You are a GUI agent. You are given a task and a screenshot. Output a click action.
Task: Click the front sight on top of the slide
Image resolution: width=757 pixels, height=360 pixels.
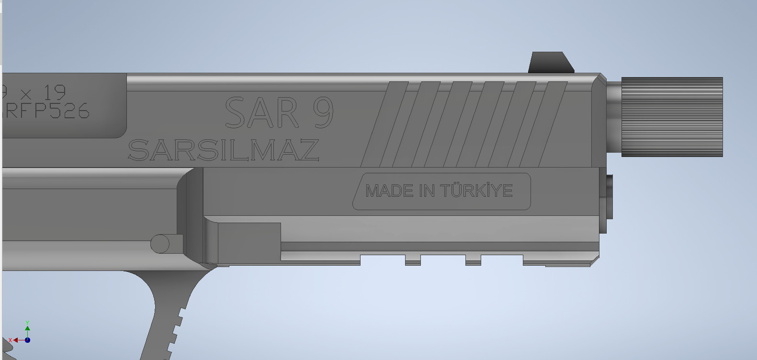pyautogui.click(x=551, y=63)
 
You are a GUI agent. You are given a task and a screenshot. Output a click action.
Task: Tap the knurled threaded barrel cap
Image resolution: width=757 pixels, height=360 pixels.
pyautogui.click(x=672, y=117)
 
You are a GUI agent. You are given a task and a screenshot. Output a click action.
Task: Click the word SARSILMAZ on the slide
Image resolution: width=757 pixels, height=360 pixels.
pyautogui.click(x=224, y=150)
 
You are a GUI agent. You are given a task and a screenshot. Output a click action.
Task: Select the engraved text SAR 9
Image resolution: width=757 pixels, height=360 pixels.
pyautogui.click(x=279, y=113)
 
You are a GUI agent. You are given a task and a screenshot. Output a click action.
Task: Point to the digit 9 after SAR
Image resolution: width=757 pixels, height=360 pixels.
pyautogui.click(x=323, y=113)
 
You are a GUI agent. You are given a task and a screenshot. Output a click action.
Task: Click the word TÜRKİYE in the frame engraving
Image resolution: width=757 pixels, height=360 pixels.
pyautogui.click(x=476, y=191)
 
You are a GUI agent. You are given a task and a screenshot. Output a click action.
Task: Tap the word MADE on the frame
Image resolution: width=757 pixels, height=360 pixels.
pyautogui.click(x=389, y=191)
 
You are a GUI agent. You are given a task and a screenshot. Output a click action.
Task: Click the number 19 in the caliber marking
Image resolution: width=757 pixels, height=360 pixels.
pyautogui.click(x=54, y=92)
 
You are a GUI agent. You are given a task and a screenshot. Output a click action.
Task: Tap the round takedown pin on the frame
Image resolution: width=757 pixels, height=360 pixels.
pyautogui.click(x=160, y=244)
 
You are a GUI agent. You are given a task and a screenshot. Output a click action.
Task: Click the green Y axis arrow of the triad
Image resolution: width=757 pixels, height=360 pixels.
pyautogui.click(x=27, y=327)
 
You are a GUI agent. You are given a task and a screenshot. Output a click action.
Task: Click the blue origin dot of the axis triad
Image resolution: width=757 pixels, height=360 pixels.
pyautogui.click(x=27, y=340)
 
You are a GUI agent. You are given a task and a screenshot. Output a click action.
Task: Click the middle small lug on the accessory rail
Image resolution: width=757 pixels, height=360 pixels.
pyautogui.click(x=473, y=260)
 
